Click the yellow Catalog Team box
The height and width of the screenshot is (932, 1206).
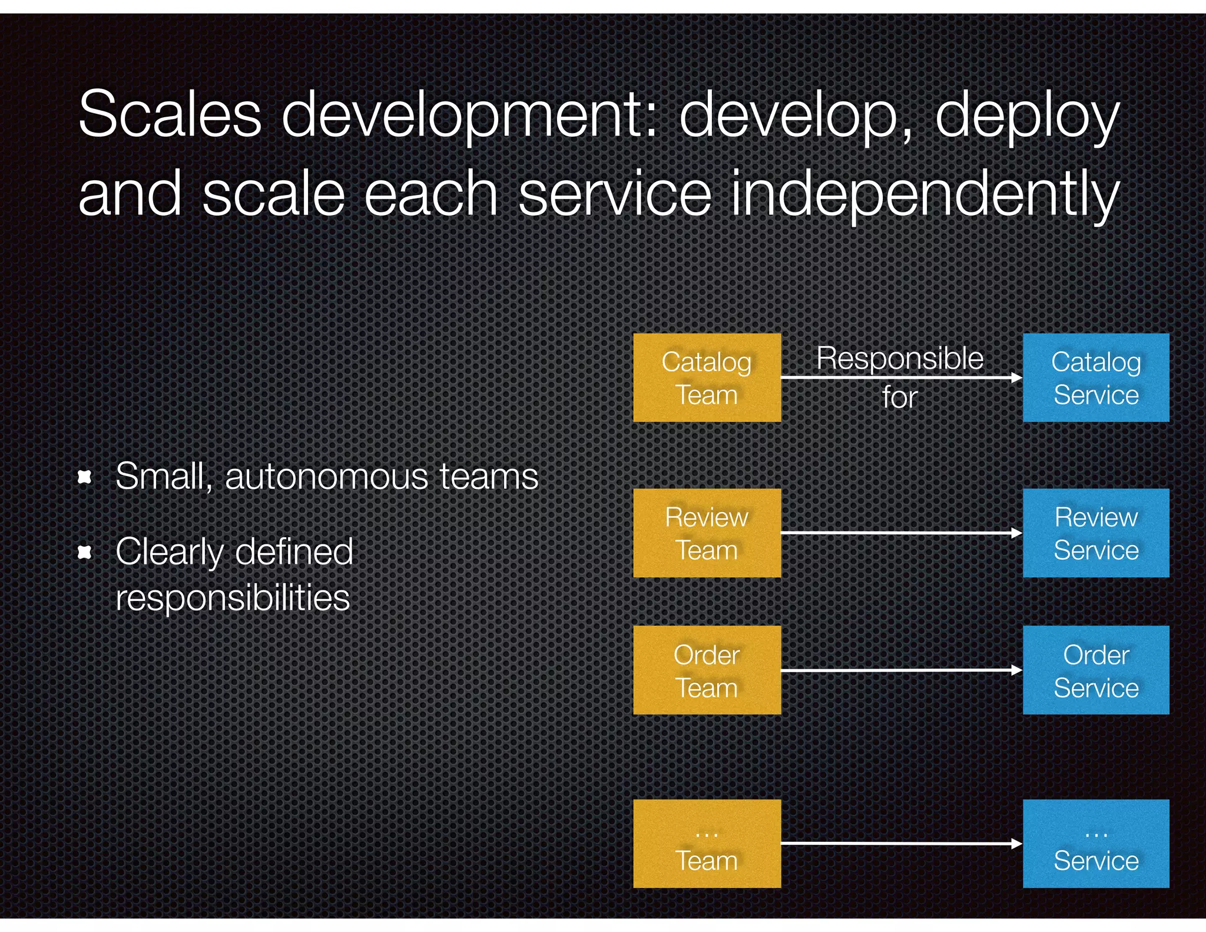707,378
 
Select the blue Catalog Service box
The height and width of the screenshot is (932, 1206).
1095,378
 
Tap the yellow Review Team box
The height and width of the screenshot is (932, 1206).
707,533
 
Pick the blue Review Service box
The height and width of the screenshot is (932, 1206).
1095,533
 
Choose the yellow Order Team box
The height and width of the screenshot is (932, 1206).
707,670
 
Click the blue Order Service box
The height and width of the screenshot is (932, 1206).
1095,670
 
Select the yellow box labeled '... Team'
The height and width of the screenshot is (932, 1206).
707,843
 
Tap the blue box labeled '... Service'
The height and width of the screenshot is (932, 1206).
1095,843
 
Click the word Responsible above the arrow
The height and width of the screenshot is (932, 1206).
900,358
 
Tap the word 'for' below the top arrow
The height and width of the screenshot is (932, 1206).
900,397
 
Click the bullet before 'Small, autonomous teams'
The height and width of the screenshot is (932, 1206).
85,477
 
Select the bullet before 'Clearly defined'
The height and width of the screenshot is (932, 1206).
85,552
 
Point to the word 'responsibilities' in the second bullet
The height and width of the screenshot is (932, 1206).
233,598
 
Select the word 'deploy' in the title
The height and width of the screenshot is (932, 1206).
1027,116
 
